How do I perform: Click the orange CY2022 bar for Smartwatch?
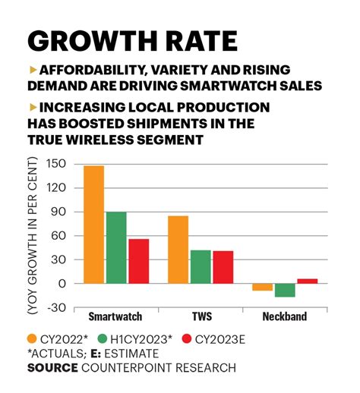pyautogui.click(x=93, y=225)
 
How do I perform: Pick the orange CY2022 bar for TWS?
pyautogui.click(x=178, y=250)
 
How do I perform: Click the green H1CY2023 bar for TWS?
pyautogui.click(x=201, y=266)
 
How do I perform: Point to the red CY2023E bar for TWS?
pyautogui.click(x=223, y=267)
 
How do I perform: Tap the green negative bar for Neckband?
pyautogui.click(x=285, y=290)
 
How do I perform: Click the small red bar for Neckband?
pyautogui.click(x=307, y=281)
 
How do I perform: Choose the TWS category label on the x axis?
pyautogui.click(x=201, y=316)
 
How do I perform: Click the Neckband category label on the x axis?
pyautogui.click(x=286, y=316)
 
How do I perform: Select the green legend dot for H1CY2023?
pyautogui.click(x=102, y=338)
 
